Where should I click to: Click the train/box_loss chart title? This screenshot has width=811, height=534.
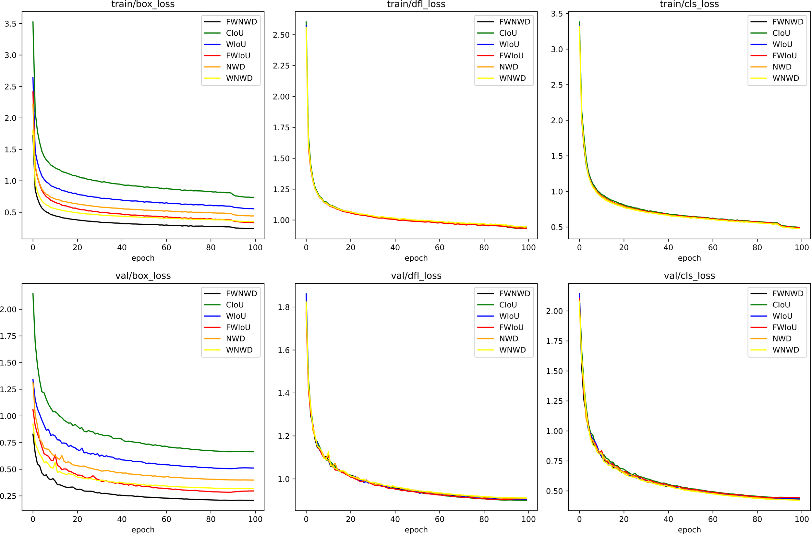pyautogui.click(x=143, y=4)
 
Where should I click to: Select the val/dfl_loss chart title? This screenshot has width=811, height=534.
pyautogui.click(x=416, y=276)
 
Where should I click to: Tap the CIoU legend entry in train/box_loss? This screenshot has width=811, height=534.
pyautogui.click(x=235, y=33)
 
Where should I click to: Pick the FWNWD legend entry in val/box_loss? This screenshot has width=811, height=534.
pyautogui.click(x=241, y=293)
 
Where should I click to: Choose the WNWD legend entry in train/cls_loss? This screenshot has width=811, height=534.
pyautogui.click(x=785, y=78)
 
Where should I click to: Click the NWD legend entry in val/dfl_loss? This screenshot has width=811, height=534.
pyautogui.click(x=508, y=338)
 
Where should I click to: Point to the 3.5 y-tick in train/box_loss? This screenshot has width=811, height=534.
pyautogui.click(x=10, y=24)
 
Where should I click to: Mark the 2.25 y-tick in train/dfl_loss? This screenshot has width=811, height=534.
pyautogui.click(x=281, y=66)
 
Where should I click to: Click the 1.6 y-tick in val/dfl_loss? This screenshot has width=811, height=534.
pyautogui.click(x=284, y=350)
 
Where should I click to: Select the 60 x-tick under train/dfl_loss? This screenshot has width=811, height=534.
pyautogui.click(x=439, y=248)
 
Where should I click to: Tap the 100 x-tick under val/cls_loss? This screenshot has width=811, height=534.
pyautogui.click(x=802, y=519)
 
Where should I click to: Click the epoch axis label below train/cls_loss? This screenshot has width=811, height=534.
pyautogui.click(x=689, y=258)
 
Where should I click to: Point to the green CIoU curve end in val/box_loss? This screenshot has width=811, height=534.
pyautogui.click(x=253, y=452)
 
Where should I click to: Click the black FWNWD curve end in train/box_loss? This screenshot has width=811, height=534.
pyautogui.click(x=253, y=229)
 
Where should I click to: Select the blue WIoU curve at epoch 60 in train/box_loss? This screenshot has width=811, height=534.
pyautogui.click(x=166, y=203)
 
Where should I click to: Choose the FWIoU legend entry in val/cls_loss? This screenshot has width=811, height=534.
pyautogui.click(x=784, y=327)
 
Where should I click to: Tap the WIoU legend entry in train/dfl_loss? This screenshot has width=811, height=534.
pyautogui.click(x=509, y=44)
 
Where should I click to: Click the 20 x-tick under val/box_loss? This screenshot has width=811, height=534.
pyautogui.click(x=77, y=519)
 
